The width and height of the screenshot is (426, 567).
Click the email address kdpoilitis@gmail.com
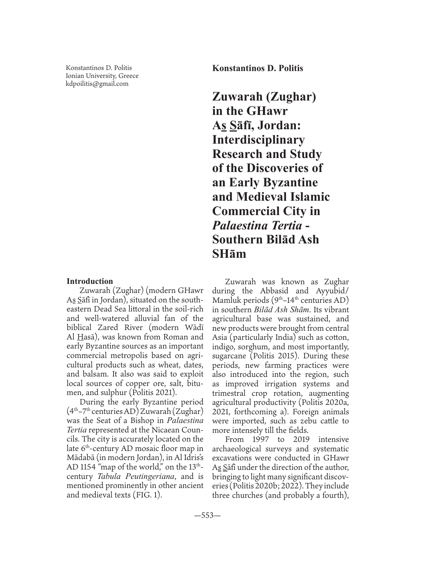[97, 84]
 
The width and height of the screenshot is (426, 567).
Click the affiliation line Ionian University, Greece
[102, 76]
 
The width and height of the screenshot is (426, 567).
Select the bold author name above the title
[258, 68]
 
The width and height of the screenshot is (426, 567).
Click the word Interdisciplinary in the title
[258, 139]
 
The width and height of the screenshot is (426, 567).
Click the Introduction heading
[90, 281]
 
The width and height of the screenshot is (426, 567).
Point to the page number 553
[207, 515]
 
